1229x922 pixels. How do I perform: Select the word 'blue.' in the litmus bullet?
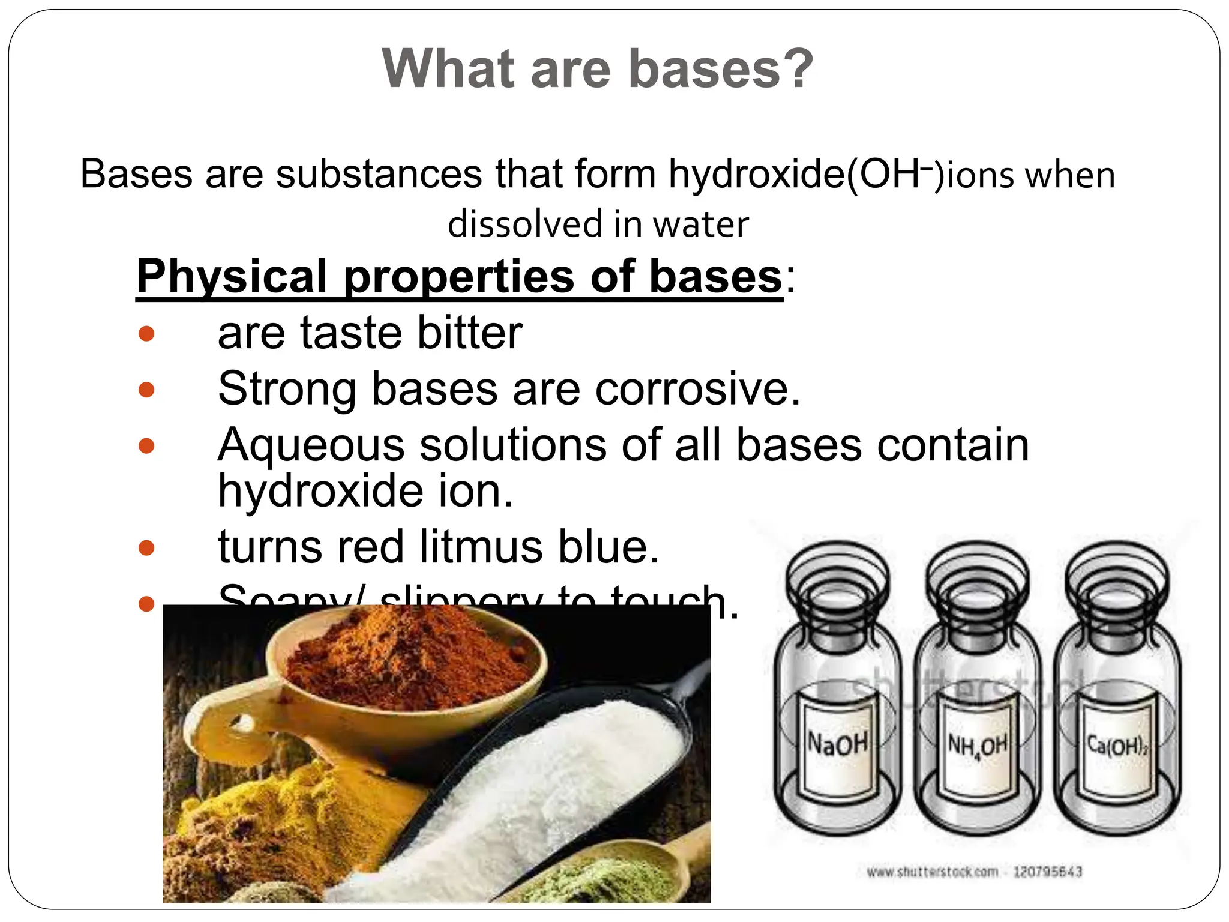click(x=608, y=547)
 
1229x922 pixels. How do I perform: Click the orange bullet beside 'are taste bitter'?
click(x=146, y=334)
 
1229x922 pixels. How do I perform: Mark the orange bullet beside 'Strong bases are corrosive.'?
click(x=146, y=390)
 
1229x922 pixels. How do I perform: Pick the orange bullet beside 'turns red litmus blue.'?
click(x=146, y=547)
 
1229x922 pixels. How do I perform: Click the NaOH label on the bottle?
click(x=837, y=744)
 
